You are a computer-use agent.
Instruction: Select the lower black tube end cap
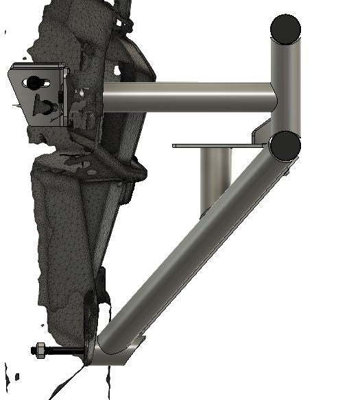coord(285,145)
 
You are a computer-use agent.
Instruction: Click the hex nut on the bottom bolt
coord(39,350)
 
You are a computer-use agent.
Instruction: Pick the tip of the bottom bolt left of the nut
coord(32,350)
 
